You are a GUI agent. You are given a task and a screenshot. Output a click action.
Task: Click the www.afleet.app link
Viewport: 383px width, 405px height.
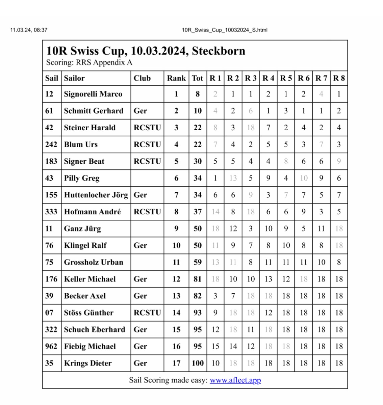tap(235, 380)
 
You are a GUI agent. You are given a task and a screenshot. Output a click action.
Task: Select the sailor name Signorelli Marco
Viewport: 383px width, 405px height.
tap(93, 94)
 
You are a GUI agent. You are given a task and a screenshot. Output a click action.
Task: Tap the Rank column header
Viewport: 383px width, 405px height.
tap(176, 78)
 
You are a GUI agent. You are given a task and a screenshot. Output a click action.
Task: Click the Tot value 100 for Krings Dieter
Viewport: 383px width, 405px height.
tap(198, 363)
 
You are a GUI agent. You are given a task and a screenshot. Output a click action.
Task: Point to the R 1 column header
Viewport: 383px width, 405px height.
tap(215, 78)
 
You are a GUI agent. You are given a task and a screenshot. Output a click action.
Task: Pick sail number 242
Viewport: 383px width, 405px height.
tap(51, 144)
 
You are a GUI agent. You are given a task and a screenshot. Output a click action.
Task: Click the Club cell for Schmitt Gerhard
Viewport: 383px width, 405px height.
tap(141, 111)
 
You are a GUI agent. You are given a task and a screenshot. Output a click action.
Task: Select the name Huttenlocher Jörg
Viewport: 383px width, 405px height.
tap(96, 195)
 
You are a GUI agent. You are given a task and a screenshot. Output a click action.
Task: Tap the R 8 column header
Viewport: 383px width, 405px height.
tap(339, 78)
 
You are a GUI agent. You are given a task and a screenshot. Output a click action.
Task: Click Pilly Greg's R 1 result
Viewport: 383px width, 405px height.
tap(215, 178)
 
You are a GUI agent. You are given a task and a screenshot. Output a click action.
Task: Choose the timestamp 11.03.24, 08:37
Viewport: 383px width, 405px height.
tap(29, 30)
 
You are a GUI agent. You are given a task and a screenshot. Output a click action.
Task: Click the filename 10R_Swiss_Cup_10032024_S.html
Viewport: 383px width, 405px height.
tap(224, 30)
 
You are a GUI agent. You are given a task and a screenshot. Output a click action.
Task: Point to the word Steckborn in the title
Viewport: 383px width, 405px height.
tap(218, 51)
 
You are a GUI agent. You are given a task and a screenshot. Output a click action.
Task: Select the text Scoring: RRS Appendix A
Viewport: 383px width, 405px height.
tap(89, 63)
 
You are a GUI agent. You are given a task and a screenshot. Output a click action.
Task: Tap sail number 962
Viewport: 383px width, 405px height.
tap(51, 347)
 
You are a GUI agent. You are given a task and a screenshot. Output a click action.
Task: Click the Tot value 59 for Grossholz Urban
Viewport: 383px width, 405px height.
tap(198, 262)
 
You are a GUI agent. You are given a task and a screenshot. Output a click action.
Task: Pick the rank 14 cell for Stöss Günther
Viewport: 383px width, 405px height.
tap(176, 313)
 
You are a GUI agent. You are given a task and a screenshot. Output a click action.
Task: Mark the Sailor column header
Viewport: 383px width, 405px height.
tap(74, 78)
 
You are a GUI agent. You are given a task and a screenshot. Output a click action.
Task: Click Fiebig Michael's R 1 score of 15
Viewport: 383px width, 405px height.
tap(215, 347)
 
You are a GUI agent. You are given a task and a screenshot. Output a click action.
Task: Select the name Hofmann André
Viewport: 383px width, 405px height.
tap(92, 212)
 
